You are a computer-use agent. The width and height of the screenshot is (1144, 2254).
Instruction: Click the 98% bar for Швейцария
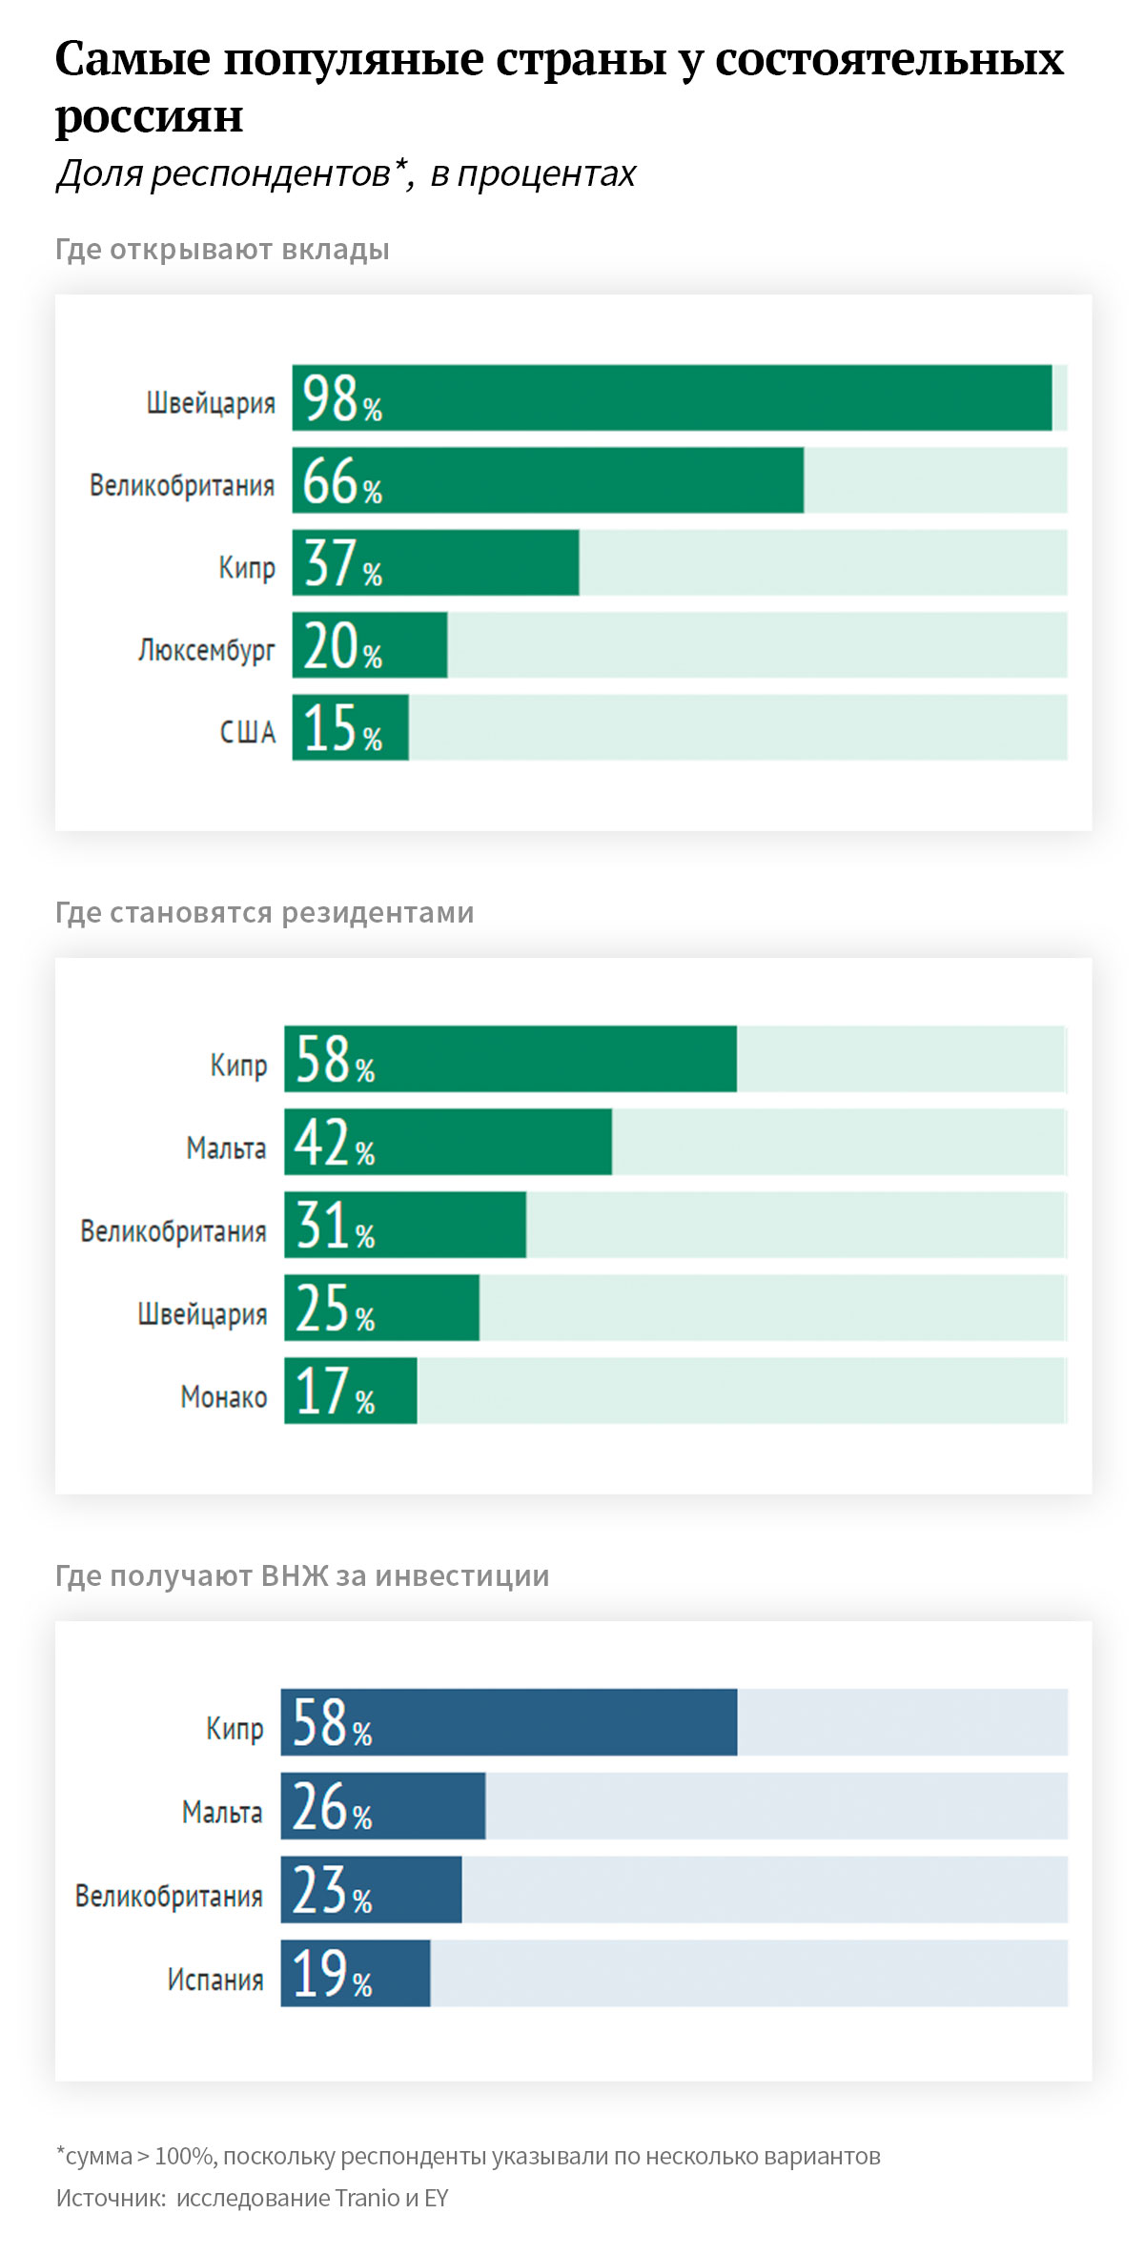click(671, 397)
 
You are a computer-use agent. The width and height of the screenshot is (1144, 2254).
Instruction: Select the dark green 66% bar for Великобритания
click(547, 480)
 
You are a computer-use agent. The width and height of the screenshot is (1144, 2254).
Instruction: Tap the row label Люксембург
click(206, 650)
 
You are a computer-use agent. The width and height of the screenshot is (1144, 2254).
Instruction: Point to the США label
click(247, 732)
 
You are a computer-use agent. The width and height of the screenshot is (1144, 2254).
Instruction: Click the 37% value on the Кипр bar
click(341, 563)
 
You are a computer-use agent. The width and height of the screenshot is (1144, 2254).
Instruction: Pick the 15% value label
click(341, 728)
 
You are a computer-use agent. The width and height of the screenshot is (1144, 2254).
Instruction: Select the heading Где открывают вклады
click(222, 250)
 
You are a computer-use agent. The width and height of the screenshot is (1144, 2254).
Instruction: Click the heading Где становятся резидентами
click(264, 913)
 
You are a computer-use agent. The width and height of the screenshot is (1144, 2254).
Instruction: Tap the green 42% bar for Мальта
click(448, 1142)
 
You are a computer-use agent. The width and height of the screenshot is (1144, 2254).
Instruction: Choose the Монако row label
click(223, 1397)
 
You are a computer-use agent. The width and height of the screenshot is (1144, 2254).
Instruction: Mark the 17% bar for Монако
click(350, 1391)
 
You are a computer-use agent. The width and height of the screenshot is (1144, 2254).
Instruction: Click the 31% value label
click(334, 1226)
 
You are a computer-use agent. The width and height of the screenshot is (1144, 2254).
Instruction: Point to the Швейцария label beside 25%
click(202, 1314)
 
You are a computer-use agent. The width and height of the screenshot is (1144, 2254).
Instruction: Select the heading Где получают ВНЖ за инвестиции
click(302, 1576)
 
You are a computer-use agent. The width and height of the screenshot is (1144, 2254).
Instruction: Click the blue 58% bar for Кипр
click(508, 1722)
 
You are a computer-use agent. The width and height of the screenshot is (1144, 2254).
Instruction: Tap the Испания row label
click(214, 1980)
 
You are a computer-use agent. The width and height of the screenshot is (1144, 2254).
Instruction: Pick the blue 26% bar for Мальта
click(382, 1806)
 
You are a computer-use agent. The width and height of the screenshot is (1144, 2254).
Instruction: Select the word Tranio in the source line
click(367, 2198)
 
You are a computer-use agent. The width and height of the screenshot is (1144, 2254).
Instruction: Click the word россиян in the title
click(149, 116)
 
